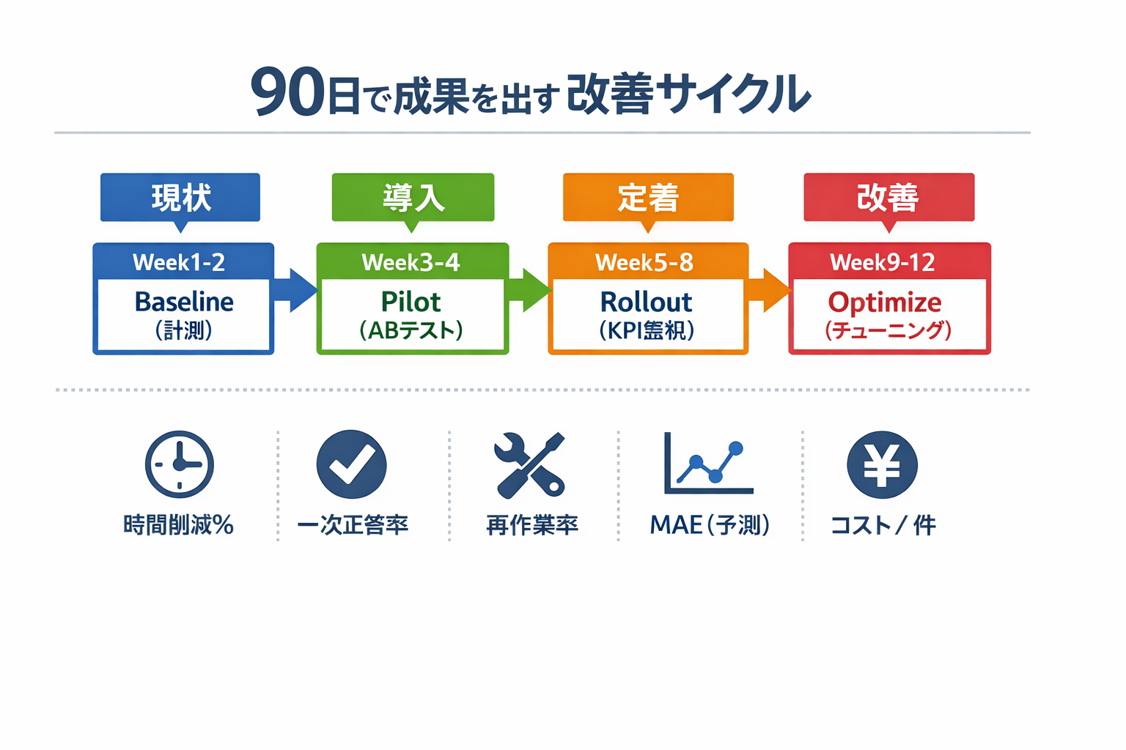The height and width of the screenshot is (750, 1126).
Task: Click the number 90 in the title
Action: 287,93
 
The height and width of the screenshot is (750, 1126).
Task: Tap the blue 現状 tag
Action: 180,197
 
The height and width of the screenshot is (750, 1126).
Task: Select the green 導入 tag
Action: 413,197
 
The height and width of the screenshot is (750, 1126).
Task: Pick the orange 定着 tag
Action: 648,197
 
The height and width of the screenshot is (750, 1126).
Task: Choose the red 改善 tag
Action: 888,197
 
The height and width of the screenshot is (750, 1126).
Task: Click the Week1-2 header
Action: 180,262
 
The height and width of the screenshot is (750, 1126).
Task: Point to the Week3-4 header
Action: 411,262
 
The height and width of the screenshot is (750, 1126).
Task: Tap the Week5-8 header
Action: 645,262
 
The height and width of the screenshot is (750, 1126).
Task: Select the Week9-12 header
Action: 883,262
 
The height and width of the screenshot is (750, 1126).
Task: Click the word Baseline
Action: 184,302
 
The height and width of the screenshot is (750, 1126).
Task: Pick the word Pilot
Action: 411,302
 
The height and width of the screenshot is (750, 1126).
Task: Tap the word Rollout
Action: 646,302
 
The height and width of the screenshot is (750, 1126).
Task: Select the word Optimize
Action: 885,302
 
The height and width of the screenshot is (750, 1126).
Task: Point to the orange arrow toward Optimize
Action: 769,290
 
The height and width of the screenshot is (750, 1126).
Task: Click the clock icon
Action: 180,464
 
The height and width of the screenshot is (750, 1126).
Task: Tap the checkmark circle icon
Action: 352,464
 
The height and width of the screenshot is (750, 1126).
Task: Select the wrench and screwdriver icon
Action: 530,464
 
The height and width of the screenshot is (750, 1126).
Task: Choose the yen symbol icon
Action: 882,464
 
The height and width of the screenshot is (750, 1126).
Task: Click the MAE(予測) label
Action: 710,524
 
